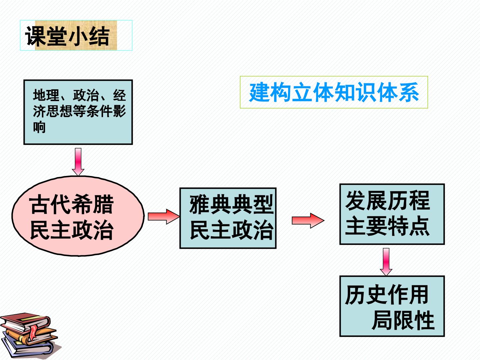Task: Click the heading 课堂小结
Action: coord(67,36)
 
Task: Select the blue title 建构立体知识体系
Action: coord(334,92)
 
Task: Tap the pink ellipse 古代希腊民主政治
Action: coord(78,216)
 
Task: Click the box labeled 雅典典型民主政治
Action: coord(228,218)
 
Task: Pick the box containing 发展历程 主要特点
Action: coord(392,214)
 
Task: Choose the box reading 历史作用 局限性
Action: coord(392,306)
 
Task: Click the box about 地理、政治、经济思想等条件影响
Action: coord(78,112)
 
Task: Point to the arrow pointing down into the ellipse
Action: coord(78,162)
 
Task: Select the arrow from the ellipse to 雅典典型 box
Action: coord(164,216)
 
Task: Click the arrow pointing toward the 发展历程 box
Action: coord(308,221)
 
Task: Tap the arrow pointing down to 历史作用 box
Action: coord(386,262)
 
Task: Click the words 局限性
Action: coord(403,320)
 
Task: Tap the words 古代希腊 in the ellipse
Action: coord(72,204)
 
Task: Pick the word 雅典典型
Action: coord(232,204)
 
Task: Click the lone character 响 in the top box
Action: coord(39,127)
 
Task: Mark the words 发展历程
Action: coord(387,200)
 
